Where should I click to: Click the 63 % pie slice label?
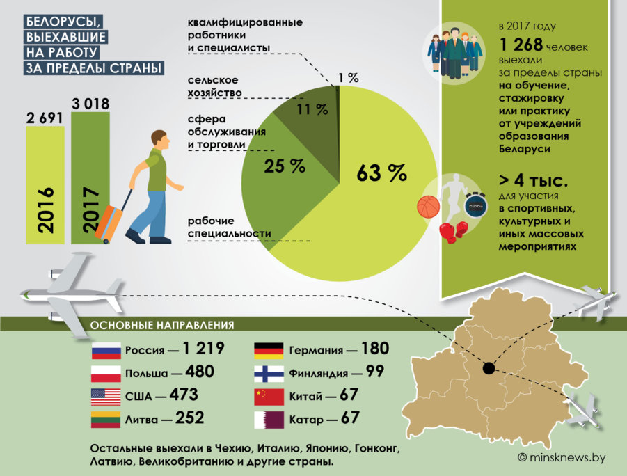[381, 173]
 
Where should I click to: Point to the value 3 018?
[90, 104]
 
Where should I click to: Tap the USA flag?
[106, 397]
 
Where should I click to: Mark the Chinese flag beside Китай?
[269, 397]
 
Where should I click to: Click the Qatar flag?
[269, 420]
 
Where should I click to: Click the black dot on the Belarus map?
[489, 368]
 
